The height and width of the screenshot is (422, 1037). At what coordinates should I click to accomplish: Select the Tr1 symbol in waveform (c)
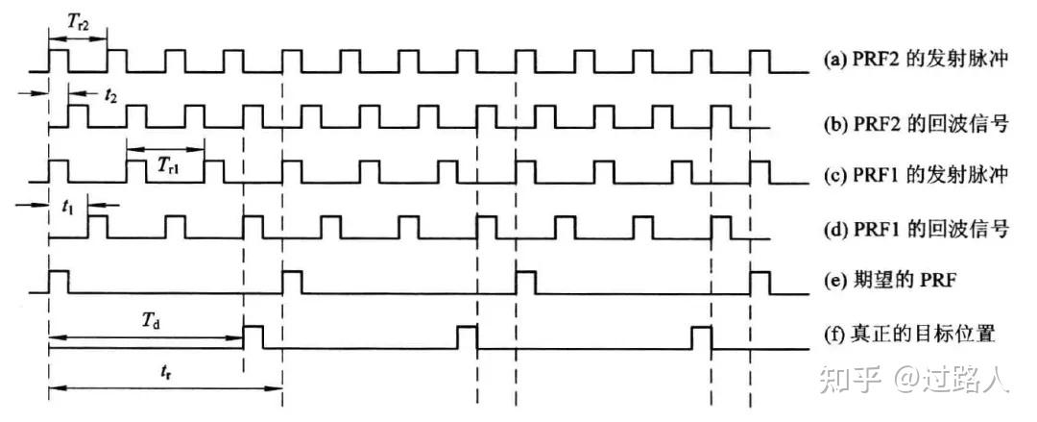click(x=168, y=163)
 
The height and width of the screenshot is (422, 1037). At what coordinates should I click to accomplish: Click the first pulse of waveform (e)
click(x=59, y=283)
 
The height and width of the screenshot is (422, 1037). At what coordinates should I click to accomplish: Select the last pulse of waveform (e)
click(x=760, y=283)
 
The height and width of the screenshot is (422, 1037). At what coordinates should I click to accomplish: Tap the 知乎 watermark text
click(x=850, y=381)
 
